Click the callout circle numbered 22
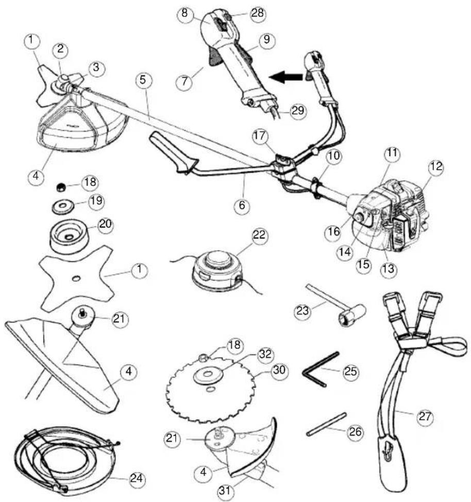259,236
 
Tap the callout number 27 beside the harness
425,417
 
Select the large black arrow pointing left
286,77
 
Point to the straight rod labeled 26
327,424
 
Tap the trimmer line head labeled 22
215,270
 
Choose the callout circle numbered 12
436,167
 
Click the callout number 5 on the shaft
143,80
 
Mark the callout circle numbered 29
298,111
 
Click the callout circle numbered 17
260,136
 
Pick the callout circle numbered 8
184,13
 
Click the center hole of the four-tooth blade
76,279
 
